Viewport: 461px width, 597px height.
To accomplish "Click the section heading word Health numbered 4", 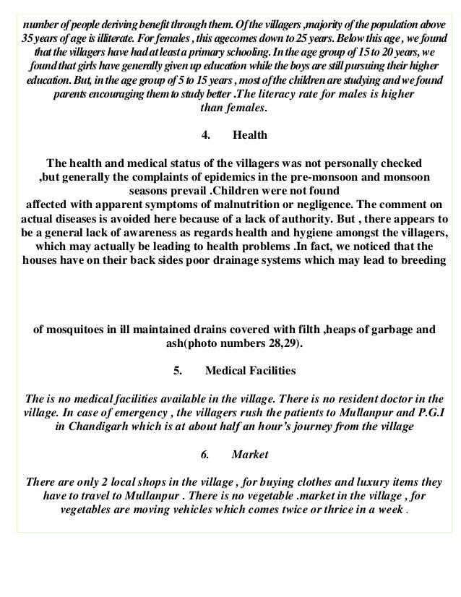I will tap(251, 135).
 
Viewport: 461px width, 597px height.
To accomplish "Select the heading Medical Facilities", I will tap(250, 371).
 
